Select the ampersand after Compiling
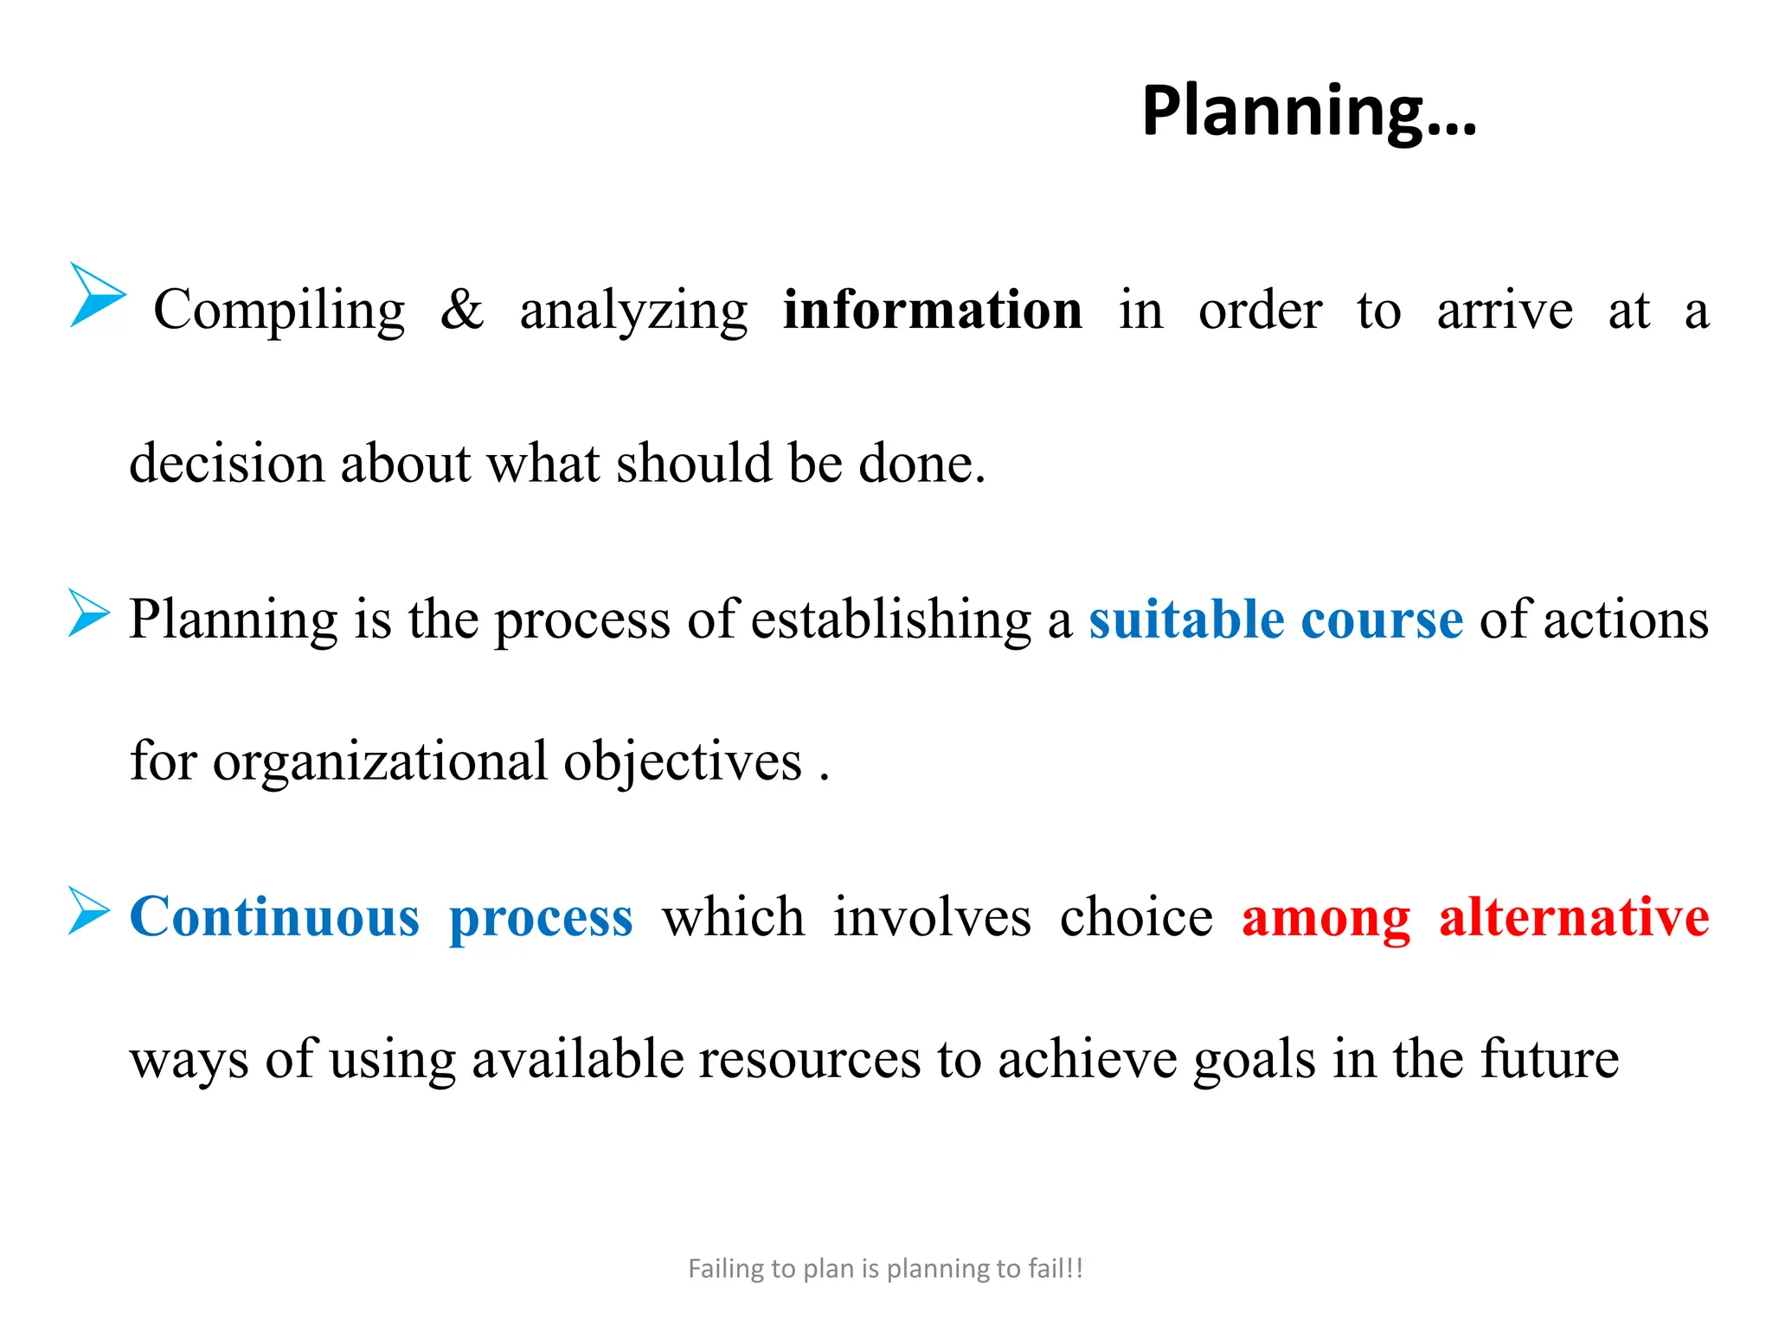coord(462,310)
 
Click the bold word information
coord(932,310)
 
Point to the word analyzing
coord(633,311)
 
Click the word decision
coord(227,463)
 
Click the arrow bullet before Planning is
coord(89,613)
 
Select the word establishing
coord(891,620)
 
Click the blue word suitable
coord(1186,620)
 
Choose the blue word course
coord(1382,620)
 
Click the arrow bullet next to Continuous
coord(89,911)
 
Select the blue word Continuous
coord(274,917)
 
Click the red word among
coord(1326,917)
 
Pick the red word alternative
coord(1574,917)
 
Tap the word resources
coord(810,1059)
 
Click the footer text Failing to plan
coord(885,1268)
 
